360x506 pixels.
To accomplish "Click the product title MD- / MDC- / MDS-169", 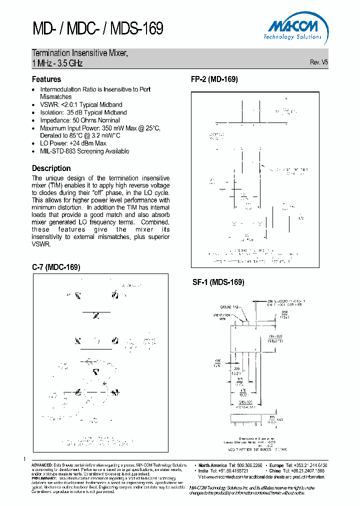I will point(97,28).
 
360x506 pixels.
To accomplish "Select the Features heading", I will point(46,79).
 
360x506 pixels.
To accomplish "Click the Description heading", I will point(51,168).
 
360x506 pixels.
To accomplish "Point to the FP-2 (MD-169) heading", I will point(214,79).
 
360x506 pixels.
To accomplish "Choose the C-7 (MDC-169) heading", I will point(56,267).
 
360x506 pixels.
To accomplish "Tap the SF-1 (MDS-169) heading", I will point(218,282).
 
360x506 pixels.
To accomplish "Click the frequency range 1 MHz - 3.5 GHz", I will point(57,63).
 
